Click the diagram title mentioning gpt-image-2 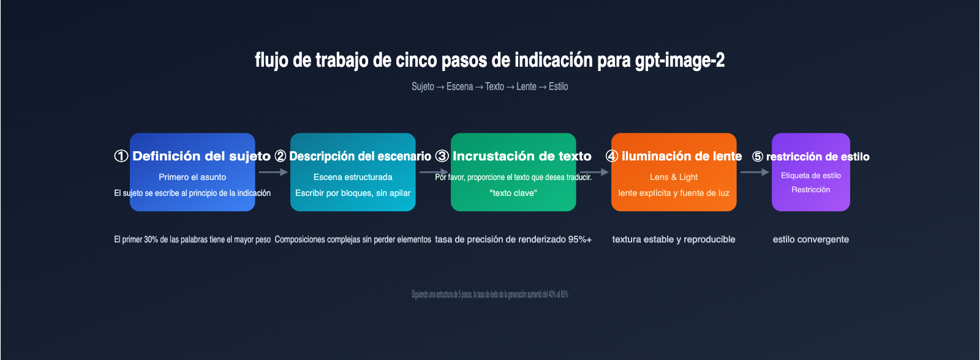click(x=489, y=60)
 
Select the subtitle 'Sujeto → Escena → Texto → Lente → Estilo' click(x=489, y=86)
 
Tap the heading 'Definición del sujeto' click(x=201, y=156)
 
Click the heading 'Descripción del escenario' click(x=360, y=156)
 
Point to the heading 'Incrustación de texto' click(x=522, y=156)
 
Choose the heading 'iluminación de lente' click(x=681, y=156)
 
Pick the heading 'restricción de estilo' click(x=817, y=157)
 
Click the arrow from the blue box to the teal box click(x=273, y=172)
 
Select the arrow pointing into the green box click(x=434, y=172)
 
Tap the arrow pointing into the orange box click(x=594, y=172)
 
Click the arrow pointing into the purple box click(x=755, y=172)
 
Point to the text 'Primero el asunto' click(x=192, y=177)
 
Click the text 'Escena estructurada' click(x=353, y=177)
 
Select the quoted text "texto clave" click(x=513, y=193)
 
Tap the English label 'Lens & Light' click(x=674, y=177)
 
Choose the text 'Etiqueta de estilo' click(x=810, y=176)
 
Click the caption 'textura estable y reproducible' click(x=674, y=239)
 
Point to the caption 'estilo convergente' click(x=810, y=239)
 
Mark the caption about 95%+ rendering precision click(x=513, y=239)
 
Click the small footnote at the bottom click(x=489, y=294)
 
